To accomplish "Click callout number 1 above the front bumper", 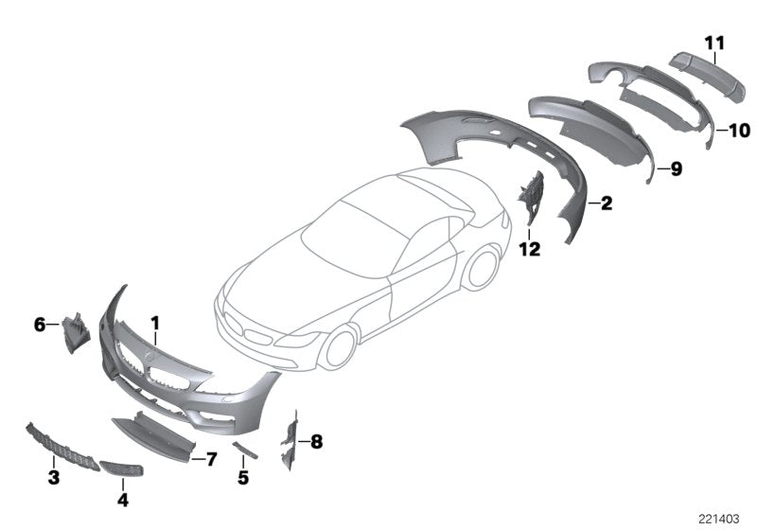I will click(x=155, y=324).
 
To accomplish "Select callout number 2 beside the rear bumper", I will click(x=606, y=203).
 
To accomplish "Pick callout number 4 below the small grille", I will click(x=122, y=498).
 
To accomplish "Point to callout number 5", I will click(x=243, y=479).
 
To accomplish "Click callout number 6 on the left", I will click(x=40, y=325).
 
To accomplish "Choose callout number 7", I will click(x=211, y=459).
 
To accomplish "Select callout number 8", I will click(x=316, y=441).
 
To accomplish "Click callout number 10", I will click(x=738, y=130).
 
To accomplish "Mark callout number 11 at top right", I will click(x=713, y=41).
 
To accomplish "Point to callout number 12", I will click(x=529, y=249).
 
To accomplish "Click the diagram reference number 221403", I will click(x=719, y=518).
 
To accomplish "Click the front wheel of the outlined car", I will click(x=336, y=348).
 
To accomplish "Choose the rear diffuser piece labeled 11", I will click(x=695, y=70).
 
